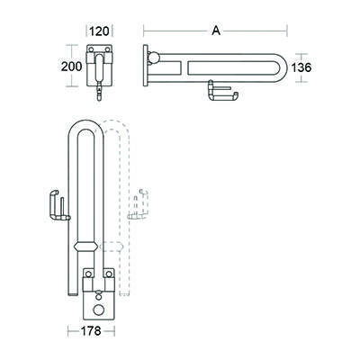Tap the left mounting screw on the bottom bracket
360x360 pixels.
pyautogui.click(x=88, y=274)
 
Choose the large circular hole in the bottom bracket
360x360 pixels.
pyautogui.click(x=97, y=304)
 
